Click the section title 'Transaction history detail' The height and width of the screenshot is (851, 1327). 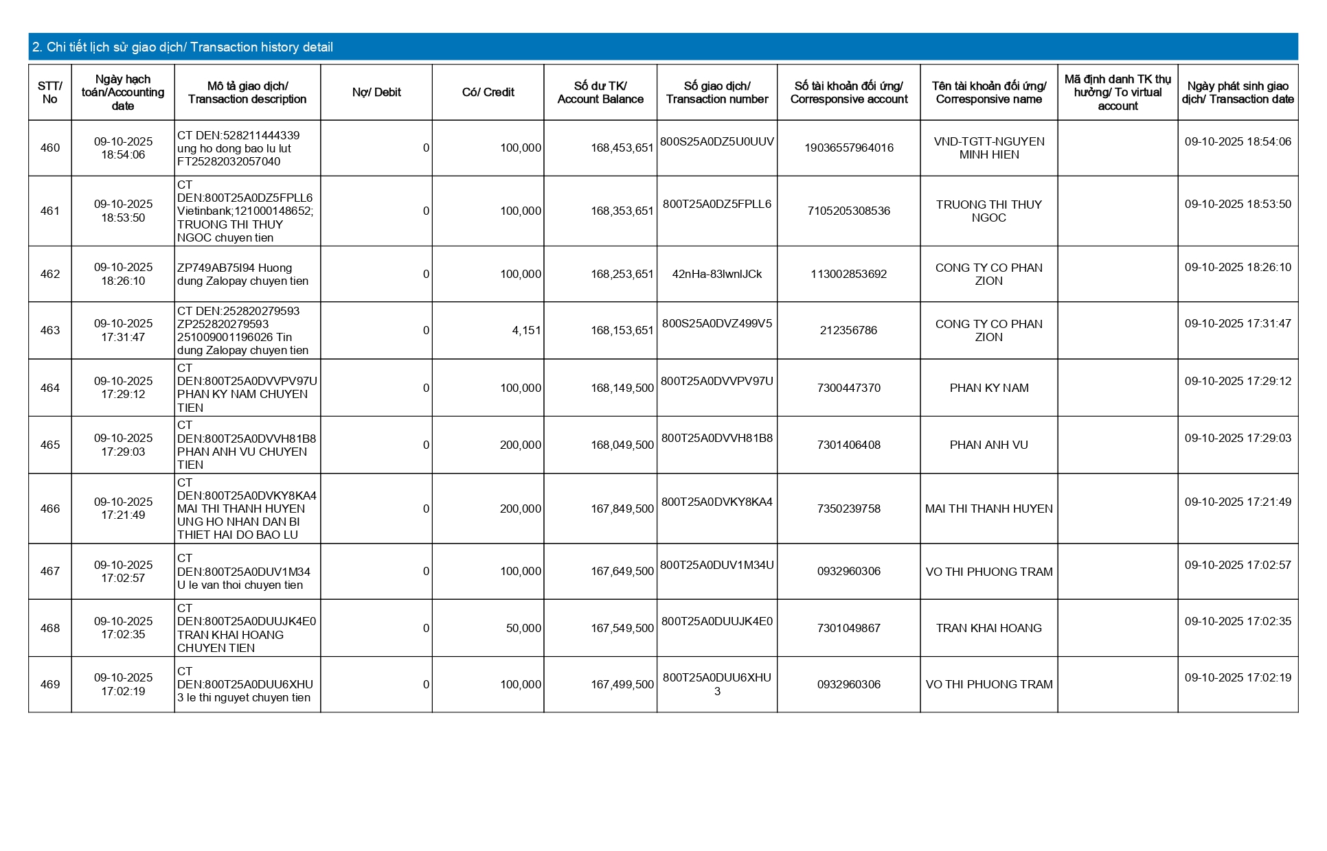pyautogui.click(x=182, y=47)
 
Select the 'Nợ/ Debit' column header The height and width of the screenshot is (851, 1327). pyautogui.click(x=376, y=93)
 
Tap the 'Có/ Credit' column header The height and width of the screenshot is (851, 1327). pyautogui.click(x=488, y=93)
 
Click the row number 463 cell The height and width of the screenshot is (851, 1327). pyautogui.click(x=50, y=330)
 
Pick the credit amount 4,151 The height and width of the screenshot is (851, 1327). pyautogui.click(x=526, y=330)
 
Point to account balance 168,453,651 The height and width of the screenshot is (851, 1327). pyautogui.click(x=622, y=148)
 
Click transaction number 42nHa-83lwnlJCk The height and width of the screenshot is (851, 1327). pyautogui.click(x=716, y=274)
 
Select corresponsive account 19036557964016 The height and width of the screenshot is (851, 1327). pyautogui.click(x=849, y=148)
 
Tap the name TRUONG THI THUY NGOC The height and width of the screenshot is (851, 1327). pyautogui.click(x=988, y=211)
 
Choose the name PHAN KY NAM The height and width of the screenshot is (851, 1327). pyautogui.click(x=988, y=388)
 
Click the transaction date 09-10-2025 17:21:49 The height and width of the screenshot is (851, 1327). pyautogui.click(x=1238, y=502)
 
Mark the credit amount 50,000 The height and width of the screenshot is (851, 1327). pyautogui.click(x=523, y=628)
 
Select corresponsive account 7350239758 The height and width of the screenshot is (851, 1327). pyautogui.click(x=849, y=509)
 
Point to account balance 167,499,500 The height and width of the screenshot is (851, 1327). pyautogui.click(x=622, y=684)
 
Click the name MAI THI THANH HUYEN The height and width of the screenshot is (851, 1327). pyautogui.click(x=988, y=509)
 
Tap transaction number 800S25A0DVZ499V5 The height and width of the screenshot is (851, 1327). pyautogui.click(x=716, y=323)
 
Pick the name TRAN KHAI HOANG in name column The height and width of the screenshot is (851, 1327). pyautogui.click(x=988, y=628)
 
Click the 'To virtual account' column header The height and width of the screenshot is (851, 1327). pyautogui.click(x=1118, y=93)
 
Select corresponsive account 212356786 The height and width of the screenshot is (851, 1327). pyautogui.click(x=848, y=330)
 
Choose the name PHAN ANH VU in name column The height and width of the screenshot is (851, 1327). pyautogui.click(x=988, y=445)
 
